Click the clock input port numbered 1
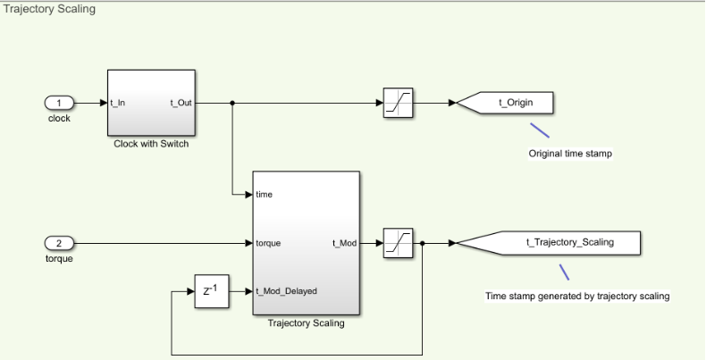click(x=58, y=103)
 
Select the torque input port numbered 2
click(x=58, y=242)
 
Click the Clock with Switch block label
click(x=151, y=144)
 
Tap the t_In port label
click(x=118, y=103)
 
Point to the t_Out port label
click(x=181, y=103)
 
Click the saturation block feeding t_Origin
click(x=397, y=103)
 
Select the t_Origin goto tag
click(x=515, y=103)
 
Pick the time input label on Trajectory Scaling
click(x=265, y=194)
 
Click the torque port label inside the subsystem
click(x=269, y=242)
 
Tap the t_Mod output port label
click(x=345, y=242)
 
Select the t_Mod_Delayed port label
click(x=286, y=290)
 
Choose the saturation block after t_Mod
click(x=397, y=242)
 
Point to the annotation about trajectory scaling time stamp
click(x=577, y=296)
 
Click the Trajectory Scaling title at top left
click(x=49, y=9)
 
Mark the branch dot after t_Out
click(x=232, y=103)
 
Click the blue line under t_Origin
click(x=539, y=130)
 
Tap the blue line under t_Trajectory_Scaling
click(x=564, y=272)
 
